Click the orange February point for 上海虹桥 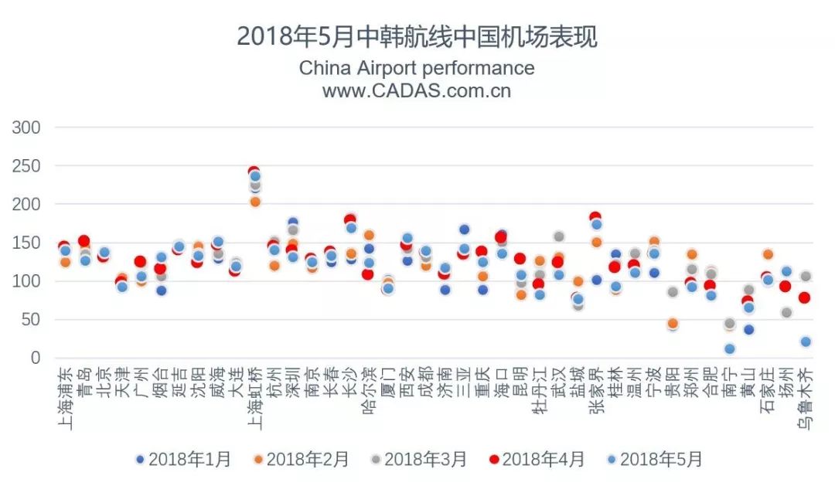[x=255, y=202]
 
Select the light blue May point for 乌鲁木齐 [x=806, y=342]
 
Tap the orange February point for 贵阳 [x=673, y=324]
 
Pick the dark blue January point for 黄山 [x=748, y=329]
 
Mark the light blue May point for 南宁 [x=729, y=349]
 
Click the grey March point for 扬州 [x=786, y=312]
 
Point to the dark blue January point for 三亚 [x=464, y=229]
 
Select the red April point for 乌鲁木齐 [x=804, y=297]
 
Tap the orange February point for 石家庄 [x=768, y=254]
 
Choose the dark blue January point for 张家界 [x=596, y=280]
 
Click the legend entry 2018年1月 [x=183, y=459]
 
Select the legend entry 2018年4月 [x=537, y=459]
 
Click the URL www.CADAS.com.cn [x=417, y=90]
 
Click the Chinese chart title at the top [x=417, y=36]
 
